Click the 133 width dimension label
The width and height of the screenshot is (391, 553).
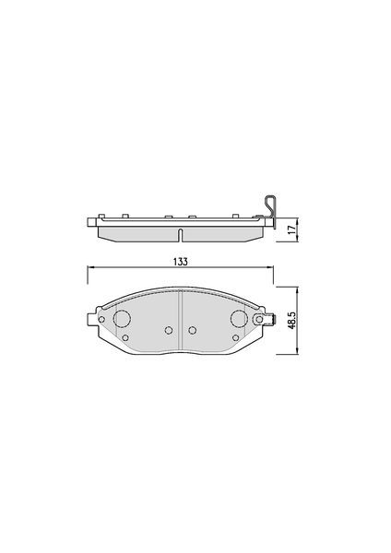point(180,262)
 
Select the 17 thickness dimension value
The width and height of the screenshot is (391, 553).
point(291,229)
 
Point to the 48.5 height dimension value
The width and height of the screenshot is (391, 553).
point(291,320)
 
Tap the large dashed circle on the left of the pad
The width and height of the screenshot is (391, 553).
point(122,319)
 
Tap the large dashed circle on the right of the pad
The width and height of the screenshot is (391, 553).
point(239,319)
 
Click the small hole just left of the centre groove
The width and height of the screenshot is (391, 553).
point(169,330)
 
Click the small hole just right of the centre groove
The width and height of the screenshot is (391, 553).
point(193,330)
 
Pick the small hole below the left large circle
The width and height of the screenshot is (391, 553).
point(124,338)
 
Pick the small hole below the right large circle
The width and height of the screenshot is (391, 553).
point(236,338)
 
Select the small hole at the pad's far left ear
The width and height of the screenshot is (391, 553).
point(101,319)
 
